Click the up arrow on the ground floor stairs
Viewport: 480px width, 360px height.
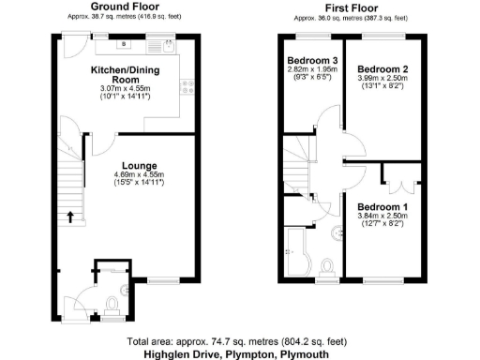tap(70, 217)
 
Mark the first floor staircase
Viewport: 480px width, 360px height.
tap(293, 174)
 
